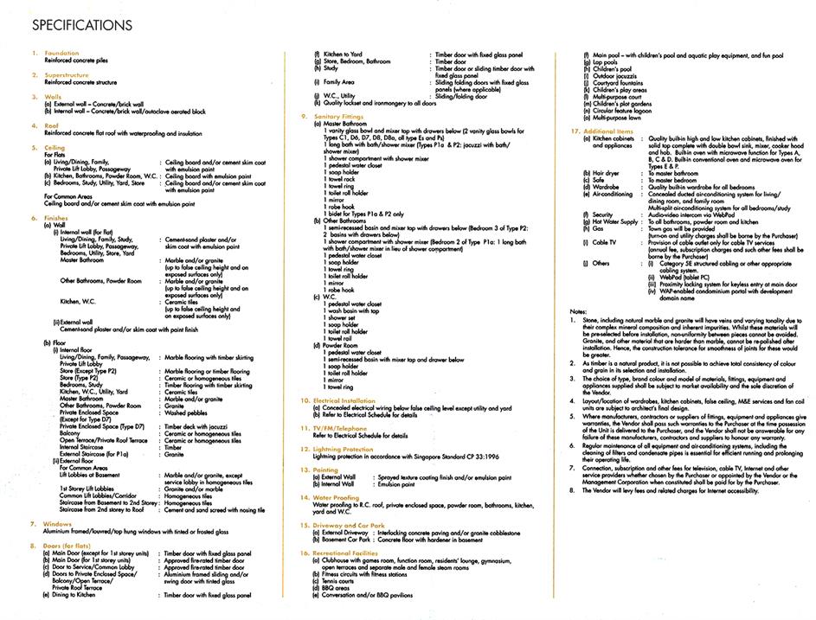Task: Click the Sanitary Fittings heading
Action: point(340,116)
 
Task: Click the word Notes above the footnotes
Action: point(578,310)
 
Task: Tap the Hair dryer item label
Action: point(606,173)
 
